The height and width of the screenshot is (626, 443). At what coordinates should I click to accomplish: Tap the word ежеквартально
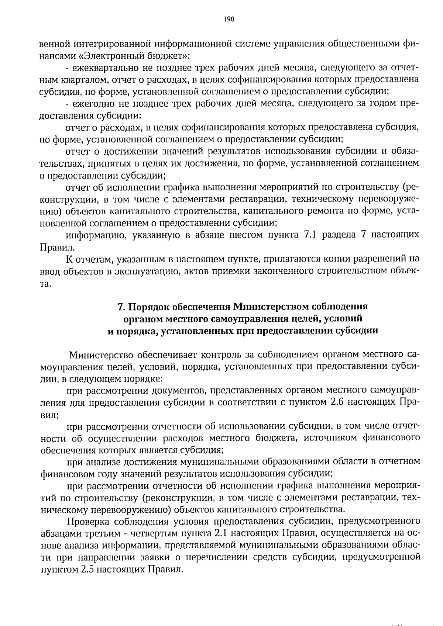[99, 68]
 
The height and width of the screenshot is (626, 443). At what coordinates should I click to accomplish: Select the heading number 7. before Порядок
[121, 307]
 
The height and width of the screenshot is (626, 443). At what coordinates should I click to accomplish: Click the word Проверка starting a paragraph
[88, 521]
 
